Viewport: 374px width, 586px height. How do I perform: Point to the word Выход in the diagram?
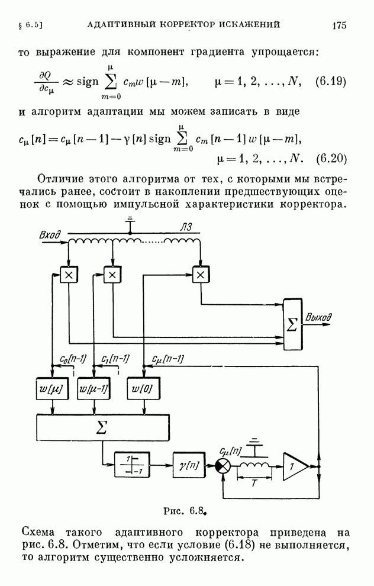pos(319,318)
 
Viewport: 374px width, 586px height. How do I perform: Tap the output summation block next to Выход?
pos(292,324)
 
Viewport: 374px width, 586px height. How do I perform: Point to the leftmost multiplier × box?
pos(69,275)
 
